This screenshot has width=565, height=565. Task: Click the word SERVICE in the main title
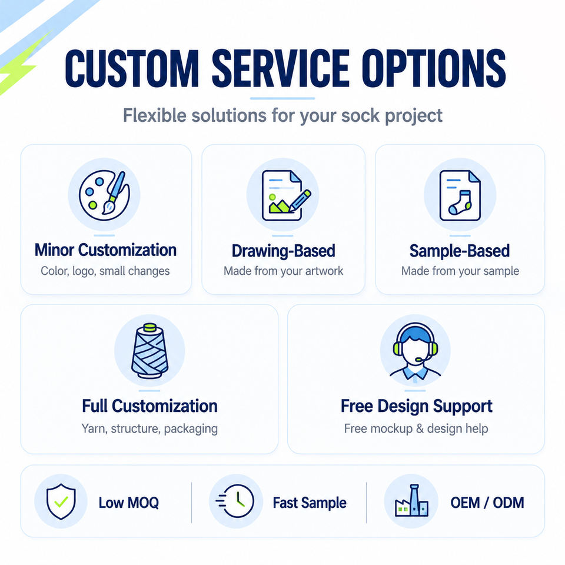click(280, 68)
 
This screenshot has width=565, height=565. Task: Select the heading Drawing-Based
click(283, 251)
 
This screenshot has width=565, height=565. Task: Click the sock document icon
click(460, 195)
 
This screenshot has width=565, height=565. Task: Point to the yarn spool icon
click(149, 351)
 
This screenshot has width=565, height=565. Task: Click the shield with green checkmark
click(61, 501)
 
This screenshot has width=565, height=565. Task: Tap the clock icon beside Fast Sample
click(235, 501)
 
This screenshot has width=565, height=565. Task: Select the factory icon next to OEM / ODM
click(411, 500)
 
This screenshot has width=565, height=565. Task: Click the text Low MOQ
click(129, 503)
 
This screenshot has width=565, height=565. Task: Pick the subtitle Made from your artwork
click(283, 271)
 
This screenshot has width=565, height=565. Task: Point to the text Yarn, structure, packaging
click(149, 429)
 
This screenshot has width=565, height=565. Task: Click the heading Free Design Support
click(416, 407)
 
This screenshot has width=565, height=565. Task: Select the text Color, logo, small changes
click(105, 271)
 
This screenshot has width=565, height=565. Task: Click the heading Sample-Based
click(460, 251)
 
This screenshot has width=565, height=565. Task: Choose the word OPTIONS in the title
click(434, 68)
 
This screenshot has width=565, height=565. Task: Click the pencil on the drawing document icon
click(300, 200)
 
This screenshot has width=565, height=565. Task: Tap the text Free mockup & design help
click(416, 429)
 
